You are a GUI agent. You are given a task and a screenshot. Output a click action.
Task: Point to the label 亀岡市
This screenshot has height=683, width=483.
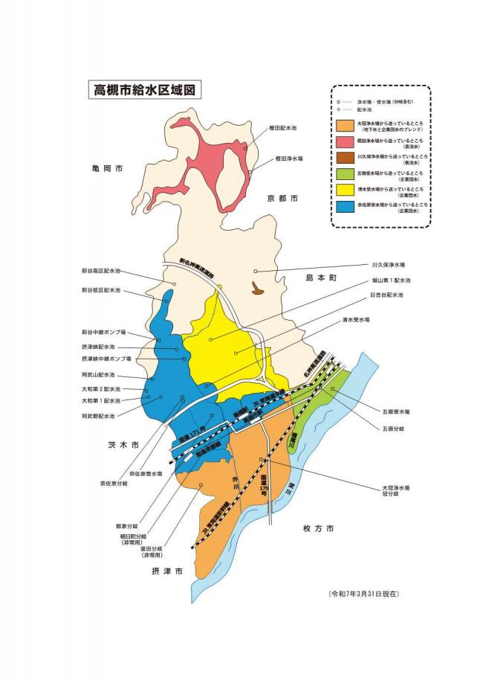point(103,170)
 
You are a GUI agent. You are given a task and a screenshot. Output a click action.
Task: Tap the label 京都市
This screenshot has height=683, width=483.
point(282,199)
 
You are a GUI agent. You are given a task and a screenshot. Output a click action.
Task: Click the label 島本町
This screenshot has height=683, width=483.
point(321,277)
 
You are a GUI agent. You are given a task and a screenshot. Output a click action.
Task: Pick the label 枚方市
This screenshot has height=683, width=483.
point(318,528)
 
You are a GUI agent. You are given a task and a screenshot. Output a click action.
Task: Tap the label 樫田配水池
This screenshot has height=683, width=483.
point(282,129)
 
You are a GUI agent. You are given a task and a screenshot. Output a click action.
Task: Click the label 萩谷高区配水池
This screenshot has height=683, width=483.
point(101,272)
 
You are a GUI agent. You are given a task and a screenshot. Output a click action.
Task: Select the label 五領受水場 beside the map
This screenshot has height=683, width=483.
point(392,411)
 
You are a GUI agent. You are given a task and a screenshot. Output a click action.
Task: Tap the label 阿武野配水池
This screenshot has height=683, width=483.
point(98,416)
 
